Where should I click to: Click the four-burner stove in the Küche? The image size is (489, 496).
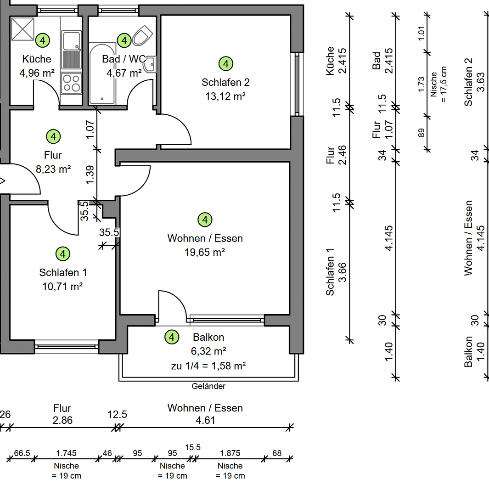click(x=71, y=83)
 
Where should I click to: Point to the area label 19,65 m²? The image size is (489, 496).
click(x=205, y=252)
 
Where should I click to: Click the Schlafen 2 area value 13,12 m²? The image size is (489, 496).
click(x=225, y=96)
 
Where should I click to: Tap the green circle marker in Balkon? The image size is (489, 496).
click(x=172, y=338)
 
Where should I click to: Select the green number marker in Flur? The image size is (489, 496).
click(x=53, y=136)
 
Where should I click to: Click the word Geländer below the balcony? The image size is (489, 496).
click(x=208, y=386)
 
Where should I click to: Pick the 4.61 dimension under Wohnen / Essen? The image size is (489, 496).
click(x=205, y=420)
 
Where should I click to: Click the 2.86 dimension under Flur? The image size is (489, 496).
click(x=62, y=420)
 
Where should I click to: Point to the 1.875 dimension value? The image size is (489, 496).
click(x=230, y=453)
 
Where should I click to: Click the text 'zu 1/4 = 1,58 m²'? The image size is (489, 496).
click(x=208, y=366)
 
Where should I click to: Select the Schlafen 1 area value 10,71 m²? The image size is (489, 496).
click(x=62, y=287)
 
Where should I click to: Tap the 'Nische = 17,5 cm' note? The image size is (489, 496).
click(x=439, y=84)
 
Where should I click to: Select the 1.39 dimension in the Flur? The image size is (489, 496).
click(x=90, y=175)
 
